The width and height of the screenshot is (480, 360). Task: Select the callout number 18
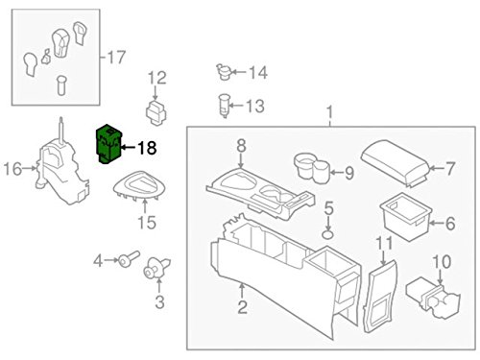pos(147,148)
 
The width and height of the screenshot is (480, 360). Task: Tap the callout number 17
pos(115,56)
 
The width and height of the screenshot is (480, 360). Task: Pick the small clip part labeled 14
pos(227,70)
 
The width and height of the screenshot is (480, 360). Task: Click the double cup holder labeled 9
pos(313,169)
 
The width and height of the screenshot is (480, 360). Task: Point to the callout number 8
pos(241,145)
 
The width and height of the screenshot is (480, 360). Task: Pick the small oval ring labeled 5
pos(328,231)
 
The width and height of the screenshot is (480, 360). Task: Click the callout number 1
pos(331,119)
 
